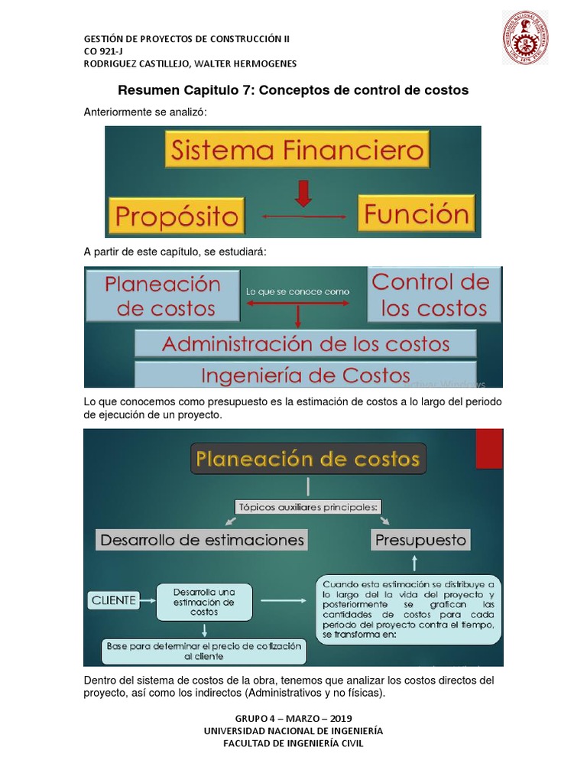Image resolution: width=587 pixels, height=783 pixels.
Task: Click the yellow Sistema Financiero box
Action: [297, 150]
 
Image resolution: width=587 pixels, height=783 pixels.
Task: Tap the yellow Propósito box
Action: [177, 216]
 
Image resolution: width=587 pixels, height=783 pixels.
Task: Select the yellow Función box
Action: [417, 213]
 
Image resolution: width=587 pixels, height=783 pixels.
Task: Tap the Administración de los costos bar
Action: [305, 343]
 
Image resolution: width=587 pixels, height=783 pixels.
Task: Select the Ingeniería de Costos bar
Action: [305, 375]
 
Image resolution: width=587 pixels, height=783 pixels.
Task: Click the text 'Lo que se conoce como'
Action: [297, 291]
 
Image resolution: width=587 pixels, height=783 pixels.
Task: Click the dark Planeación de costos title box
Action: [308, 459]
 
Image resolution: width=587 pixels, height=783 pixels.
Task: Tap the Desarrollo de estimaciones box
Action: [201, 540]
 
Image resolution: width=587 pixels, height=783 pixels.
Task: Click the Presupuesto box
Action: [420, 540]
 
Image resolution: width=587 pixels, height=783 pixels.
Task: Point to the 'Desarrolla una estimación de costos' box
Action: [204, 602]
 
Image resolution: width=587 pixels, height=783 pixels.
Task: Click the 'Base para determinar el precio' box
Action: [204, 651]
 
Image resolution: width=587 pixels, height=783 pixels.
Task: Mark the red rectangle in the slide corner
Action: [489, 448]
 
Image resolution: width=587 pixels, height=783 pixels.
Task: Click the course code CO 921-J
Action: [105, 51]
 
